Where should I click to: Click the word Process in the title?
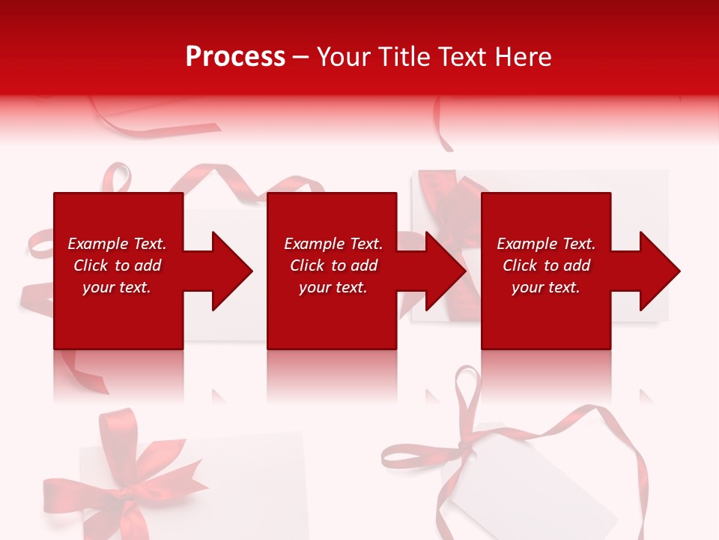[x=235, y=57]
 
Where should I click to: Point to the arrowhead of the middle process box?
[x=444, y=271]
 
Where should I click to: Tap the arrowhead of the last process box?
[x=658, y=271]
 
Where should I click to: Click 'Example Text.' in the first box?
[x=117, y=244]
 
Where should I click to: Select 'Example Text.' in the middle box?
[x=333, y=244]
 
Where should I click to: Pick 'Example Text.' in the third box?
[x=546, y=244]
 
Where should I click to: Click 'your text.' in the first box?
[x=117, y=287]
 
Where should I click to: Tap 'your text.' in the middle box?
[x=333, y=287]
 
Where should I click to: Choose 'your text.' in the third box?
[x=546, y=287]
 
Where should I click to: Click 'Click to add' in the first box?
[x=117, y=265]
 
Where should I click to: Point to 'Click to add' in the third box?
[x=546, y=265]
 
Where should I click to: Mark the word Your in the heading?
[x=342, y=57]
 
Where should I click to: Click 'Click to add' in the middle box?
[x=333, y=265]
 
